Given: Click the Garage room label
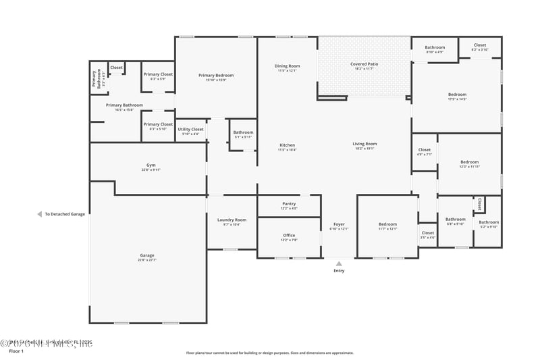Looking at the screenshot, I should pos(147,255).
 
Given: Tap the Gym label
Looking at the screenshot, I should pos(151,165).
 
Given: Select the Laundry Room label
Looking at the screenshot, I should pos(232,220).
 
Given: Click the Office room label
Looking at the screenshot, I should pos(288,236).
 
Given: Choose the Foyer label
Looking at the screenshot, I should pos(339,224).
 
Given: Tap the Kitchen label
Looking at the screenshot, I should pos(287,145).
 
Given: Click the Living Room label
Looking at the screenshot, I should pos(364,144).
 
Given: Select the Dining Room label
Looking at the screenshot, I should pos(287,66).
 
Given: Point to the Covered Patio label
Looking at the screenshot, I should pos(363,64).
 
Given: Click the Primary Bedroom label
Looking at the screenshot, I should pos(215,75).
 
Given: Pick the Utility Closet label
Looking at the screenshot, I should pos(190,129).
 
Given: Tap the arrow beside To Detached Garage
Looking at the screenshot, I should pos(39,214).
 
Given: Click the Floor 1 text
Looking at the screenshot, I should pos(16,352).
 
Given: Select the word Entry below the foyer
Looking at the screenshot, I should pos(339,271).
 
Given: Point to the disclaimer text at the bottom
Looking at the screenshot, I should pos(270,353).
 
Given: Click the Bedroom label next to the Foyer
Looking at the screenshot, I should pos(387,224).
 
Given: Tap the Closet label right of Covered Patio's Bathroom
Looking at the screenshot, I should pos(479,45).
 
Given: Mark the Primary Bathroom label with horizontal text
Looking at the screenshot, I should pos(124,105).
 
